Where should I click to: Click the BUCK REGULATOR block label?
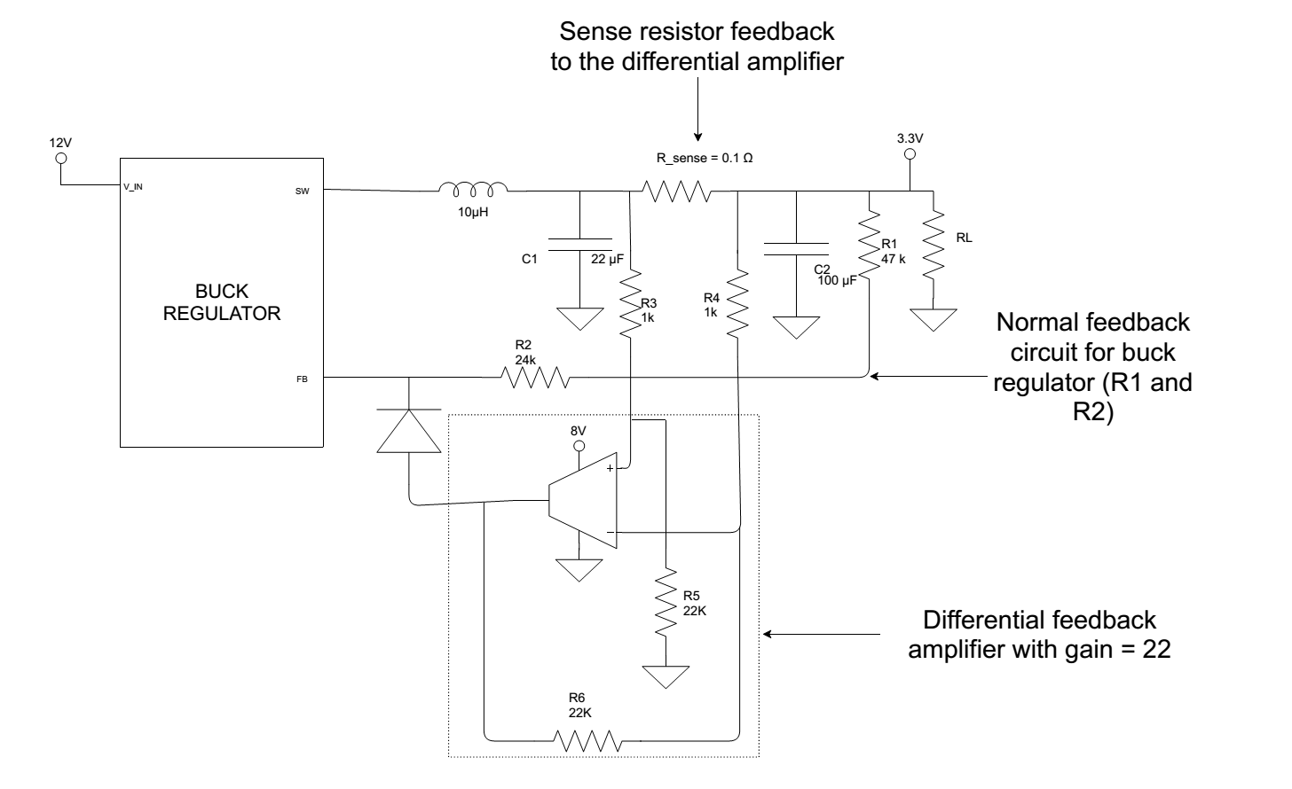click(222, 302)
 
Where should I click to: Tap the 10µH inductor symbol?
click(474, 188)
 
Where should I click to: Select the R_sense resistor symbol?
click(676, 191)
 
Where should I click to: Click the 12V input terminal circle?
click(61, 159)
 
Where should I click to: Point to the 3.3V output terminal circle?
click(910, 154)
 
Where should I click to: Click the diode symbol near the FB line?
click(409, 432)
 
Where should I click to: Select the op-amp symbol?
click(583, 502)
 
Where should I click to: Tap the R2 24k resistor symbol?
click(535, 379)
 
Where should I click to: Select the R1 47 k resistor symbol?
click(868, 239)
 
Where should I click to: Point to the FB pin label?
click(303, 379)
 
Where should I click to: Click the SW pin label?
click(302, 191)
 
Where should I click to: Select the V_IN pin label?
click(133, 187)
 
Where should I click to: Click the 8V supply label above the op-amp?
click(578, 432)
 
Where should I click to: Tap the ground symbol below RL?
click(934, 319)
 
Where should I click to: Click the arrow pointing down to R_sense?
click(697, 111)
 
